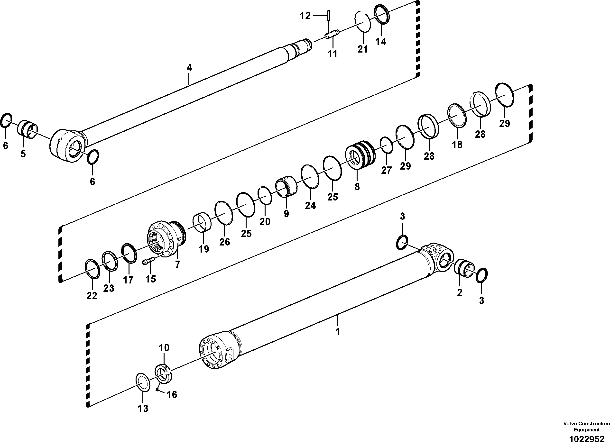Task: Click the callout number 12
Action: (x=305, y=16)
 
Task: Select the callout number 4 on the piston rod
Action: (x=189, y=68)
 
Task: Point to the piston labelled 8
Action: (x=360, y=155)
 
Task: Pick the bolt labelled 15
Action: (x=148, y=261)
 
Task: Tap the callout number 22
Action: (x=92, y=296)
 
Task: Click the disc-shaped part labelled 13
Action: (x=143, y=382)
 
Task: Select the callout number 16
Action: (x=172, y=395)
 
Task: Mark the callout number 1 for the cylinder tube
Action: (x=337, y=332)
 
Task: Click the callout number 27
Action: (x=386, y=170)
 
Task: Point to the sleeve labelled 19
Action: (x=202, y=223)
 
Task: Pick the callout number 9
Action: (x=286, y=214)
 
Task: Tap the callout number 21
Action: (x=363, y=49)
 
